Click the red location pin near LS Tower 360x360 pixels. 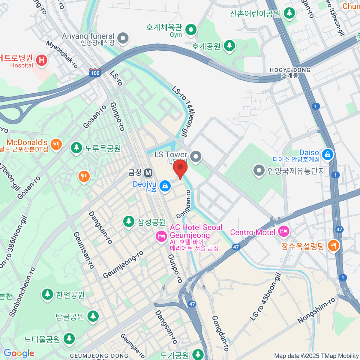180,168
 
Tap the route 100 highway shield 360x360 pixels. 95,73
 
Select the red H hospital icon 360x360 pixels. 41,60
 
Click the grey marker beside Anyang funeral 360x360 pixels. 123,38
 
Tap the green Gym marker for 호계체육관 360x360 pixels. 191,30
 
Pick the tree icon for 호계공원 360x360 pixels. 229,46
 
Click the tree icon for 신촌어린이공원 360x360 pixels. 289,13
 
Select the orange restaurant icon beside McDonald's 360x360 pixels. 56,144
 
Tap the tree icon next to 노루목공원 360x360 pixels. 76,148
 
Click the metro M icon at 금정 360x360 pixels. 148,172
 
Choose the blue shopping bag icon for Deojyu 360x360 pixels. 165,186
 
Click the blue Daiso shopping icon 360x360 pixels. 327,154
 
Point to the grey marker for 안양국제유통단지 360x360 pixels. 258,171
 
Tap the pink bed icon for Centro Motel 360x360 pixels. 283,231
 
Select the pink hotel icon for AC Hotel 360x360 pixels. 161,236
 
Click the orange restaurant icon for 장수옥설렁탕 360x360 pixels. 333,246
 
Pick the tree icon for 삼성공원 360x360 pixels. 129,222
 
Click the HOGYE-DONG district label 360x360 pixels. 290,70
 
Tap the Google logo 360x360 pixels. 19,353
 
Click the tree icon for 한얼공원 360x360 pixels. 47,294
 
